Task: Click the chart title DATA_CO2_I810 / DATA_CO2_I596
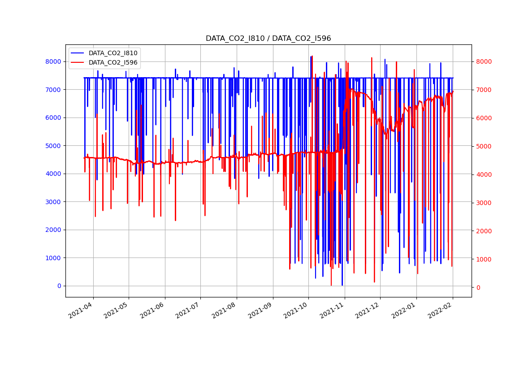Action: point(268,39)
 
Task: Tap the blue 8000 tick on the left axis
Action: point(54,61)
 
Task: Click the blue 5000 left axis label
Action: point(54,146)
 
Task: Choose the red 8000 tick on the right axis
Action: point(483,61)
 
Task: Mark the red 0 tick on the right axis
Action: point(478,288)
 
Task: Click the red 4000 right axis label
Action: point(483,175)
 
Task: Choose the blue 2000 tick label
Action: point(54,230)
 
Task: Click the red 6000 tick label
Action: point(483,118)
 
